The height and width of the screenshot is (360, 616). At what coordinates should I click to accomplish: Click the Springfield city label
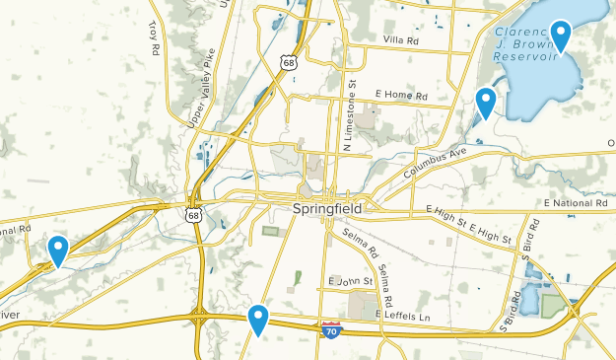pyautogui.click(x=327, y=210)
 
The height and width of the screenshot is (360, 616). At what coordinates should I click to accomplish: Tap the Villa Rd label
pyautogui.click(x=400, y=40)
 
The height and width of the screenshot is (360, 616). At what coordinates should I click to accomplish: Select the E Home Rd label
pyautogui.click(x=402, y=96)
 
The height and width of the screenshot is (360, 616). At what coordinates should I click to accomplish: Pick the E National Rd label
pyautogui.click(x=576, y=203)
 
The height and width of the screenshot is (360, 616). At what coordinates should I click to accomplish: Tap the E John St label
pyautogui.click(x=351, y=281)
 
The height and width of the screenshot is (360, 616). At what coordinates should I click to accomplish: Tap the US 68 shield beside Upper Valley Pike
pyautogui.click(x=288, y=62)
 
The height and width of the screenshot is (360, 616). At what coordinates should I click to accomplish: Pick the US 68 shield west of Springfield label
pyautogui.click(x=193, y=211)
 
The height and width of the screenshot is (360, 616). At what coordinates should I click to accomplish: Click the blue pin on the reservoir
pyautogui.click(x=561, y=36)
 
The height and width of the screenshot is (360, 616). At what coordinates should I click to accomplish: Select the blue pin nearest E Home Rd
pyautogui.click(x=485, y=103)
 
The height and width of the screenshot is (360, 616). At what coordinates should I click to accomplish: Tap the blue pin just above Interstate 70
pyautogui.click(x=258, y=319)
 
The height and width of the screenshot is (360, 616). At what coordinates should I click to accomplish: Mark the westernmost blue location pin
pyautogui.click(x=58, y=251)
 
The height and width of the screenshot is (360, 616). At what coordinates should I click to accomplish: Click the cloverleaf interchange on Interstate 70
pyautogui.click(x=202, y=319)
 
